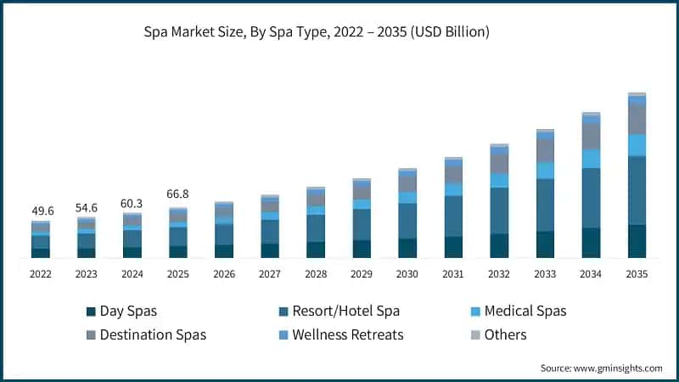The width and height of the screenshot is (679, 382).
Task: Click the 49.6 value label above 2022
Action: point(41,211)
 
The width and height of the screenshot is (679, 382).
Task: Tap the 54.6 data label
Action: point(87,206)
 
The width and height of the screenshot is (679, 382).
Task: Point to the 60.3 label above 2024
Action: point(132,203)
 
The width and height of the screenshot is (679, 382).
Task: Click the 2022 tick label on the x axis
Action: point(41,274)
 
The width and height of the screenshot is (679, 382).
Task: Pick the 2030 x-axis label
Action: point(407,274)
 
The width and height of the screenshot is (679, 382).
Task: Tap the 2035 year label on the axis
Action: point(637,274)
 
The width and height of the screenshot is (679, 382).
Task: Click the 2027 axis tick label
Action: point(270,274)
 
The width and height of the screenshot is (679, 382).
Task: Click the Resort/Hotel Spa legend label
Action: point(345,312)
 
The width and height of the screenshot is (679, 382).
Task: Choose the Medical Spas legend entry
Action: point(524,312)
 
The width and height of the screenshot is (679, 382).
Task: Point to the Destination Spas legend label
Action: point(152,334)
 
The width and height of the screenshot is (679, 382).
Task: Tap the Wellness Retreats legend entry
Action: point(347,334)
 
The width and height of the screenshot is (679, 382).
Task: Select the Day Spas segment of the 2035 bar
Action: point(637,241)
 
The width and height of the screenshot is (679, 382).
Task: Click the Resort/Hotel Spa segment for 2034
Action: point(591,198)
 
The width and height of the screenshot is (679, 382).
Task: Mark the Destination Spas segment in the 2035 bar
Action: point(637,119)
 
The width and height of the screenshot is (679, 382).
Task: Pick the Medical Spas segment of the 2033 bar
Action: point(545,171)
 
